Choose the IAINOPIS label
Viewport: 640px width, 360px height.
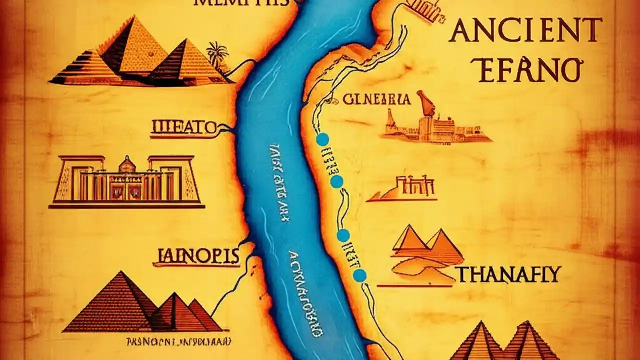click(196, 256)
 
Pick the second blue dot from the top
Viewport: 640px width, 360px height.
click(337, 181)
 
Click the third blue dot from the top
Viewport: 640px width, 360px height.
click(343, 235)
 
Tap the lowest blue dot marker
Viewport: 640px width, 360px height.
click(359, 275)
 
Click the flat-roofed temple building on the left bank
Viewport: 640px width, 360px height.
click(127, 182)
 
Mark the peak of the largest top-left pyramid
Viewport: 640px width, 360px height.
click(134, 17)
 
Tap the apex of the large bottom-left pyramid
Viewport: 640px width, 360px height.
click(120, 272)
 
